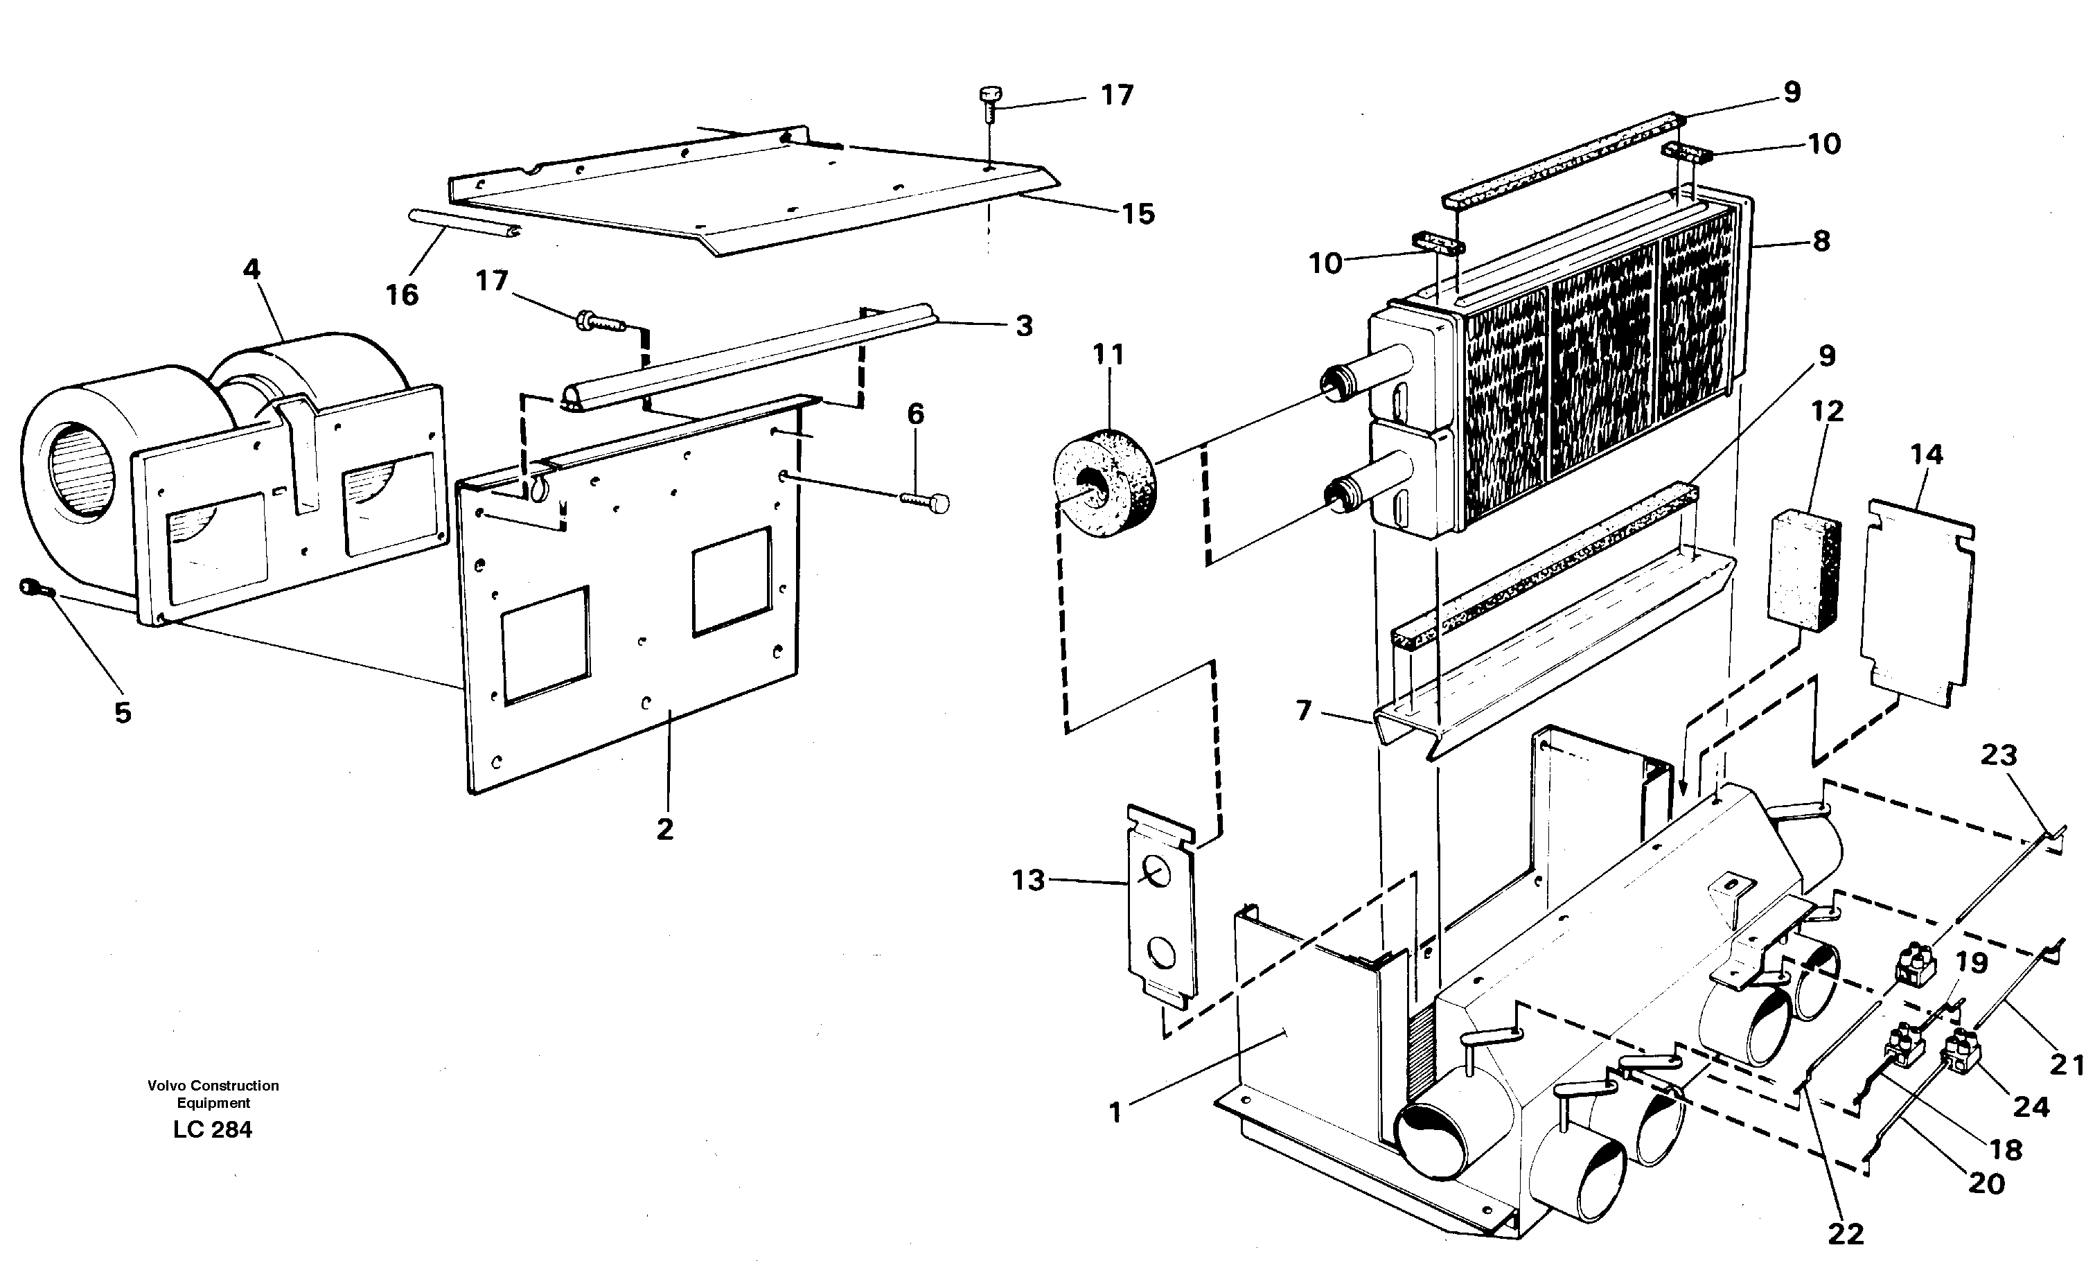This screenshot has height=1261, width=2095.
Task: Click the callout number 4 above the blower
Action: point(251,270)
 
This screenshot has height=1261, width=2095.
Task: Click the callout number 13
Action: point(1028,881)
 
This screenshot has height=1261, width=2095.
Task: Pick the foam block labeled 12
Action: point(1803,571)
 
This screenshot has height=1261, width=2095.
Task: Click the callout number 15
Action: point(1138,214)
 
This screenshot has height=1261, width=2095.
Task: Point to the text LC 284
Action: point(213,1129)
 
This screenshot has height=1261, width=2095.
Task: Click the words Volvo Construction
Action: point(213,1085)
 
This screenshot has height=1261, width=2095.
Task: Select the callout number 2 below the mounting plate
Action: point(664,829)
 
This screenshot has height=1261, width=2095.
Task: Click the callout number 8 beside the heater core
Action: point(1821,241)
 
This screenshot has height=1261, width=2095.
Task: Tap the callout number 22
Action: point(1844,1232)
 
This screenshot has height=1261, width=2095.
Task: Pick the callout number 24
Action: point(2031,1106)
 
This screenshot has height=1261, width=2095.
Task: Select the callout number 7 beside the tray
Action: point(1304,709)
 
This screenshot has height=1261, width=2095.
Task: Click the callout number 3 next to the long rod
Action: point(1024,326)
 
